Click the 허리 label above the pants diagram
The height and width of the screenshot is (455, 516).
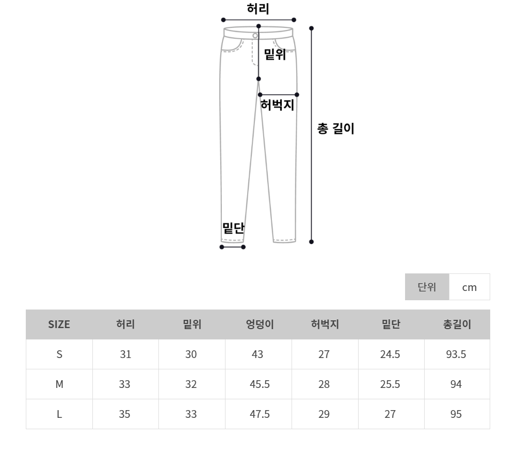(258, 9)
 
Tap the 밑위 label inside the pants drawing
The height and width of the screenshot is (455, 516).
(275, 54)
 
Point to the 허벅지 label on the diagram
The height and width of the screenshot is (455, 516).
(277, 105)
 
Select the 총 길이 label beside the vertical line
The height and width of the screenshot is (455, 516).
(335, 128)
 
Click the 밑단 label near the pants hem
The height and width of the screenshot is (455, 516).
(233, 228)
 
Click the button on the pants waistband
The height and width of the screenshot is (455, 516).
(255, 36)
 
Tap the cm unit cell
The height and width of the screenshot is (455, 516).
(469, 287)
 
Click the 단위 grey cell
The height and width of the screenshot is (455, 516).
(427, 287)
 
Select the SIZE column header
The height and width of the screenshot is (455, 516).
(59, 324)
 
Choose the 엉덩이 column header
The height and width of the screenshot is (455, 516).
(260, 324)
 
